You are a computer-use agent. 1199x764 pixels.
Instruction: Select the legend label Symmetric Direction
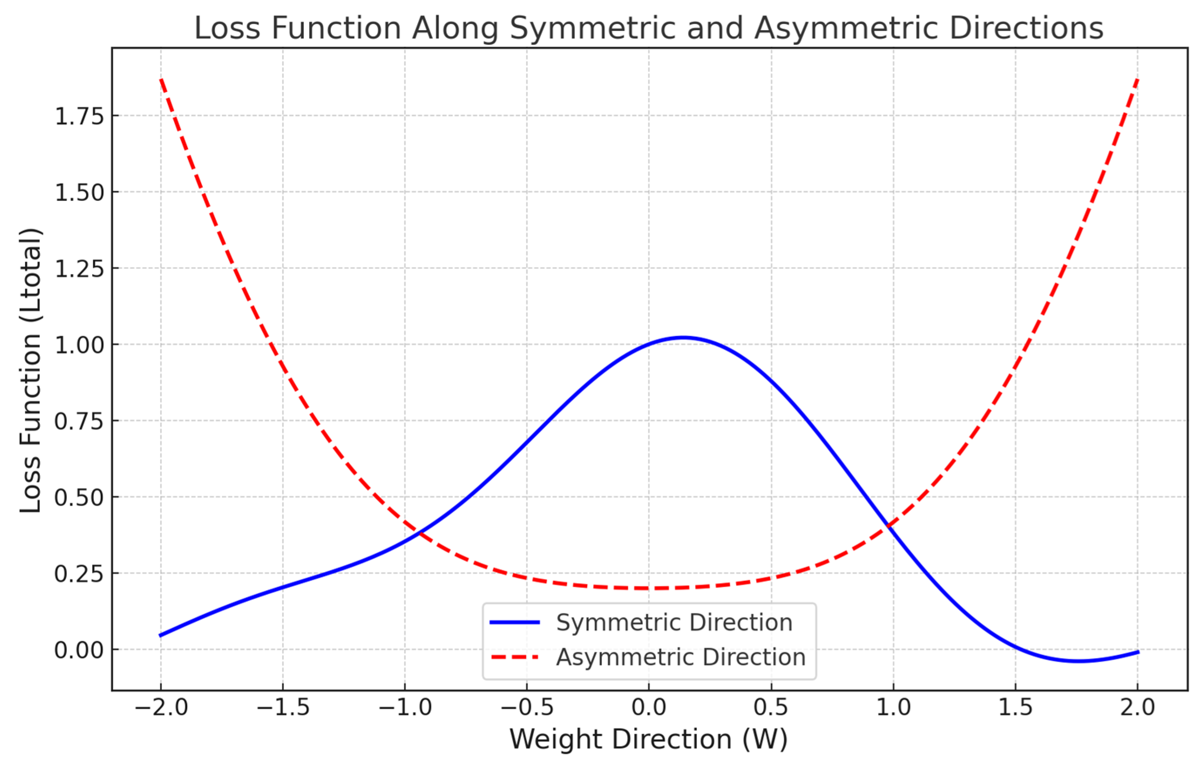click(x=674, y=623)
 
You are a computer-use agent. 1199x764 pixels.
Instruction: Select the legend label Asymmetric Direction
click(x=681, y=657)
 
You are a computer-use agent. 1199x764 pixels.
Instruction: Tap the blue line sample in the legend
click(x=515, y=623)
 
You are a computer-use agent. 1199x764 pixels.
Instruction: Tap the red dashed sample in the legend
click(x=515, y=657)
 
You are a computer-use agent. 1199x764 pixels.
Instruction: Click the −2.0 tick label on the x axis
click(x=161, y=708)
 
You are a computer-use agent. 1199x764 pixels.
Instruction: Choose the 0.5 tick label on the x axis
click(x=771, y=708)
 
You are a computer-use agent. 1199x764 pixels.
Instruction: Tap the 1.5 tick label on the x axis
click(x=1015, y=708)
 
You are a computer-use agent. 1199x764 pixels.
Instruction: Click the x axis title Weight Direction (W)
click(x=648, y=739)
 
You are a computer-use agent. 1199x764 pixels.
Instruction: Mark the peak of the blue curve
click(x=683, y=338)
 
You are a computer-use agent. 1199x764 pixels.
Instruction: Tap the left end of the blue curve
click(x=161, y=635)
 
